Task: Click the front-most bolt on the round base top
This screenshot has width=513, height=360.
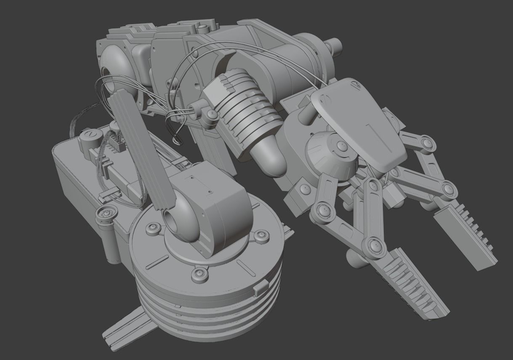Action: tap(199, 275)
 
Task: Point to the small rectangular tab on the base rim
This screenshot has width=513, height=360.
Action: tap(260, 289)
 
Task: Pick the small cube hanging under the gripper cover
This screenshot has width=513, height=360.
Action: tap(391, 193)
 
